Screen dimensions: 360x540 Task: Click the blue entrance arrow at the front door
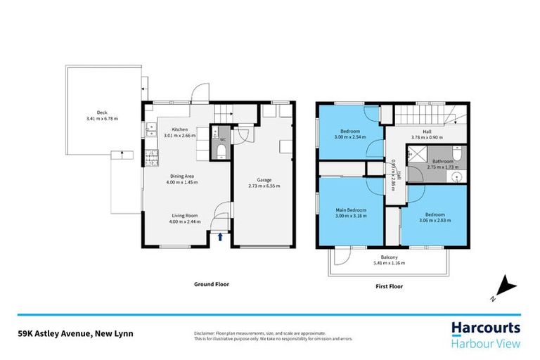(221, 238)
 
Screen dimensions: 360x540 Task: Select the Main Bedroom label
(351, 210)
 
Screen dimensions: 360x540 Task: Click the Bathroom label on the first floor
(443, 161)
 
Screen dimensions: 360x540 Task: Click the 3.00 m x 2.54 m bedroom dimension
(351, 137)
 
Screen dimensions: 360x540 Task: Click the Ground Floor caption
(212, 285)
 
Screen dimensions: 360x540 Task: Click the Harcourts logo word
(485, 328)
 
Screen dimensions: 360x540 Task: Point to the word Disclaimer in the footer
(205, 333)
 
